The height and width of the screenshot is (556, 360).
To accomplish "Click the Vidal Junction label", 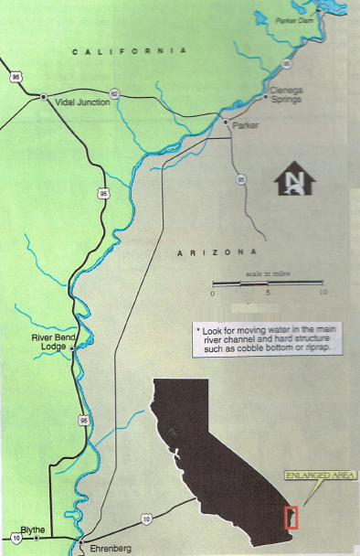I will click(x=80, y=102).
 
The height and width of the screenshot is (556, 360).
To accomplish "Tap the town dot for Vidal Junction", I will click(x=44, y=96).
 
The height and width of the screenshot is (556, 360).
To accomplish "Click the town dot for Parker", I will click(x=225, y=119).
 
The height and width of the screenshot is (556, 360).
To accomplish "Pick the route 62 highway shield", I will click(x=114, y=93).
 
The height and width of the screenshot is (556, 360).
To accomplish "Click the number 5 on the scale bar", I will click(x=268, y=293).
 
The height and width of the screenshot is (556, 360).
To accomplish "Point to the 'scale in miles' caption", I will click(x=268, y=273).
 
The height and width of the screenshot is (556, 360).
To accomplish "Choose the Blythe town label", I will click(x=32, y=529).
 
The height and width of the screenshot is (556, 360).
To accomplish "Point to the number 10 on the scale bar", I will click(x=323, y=293).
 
